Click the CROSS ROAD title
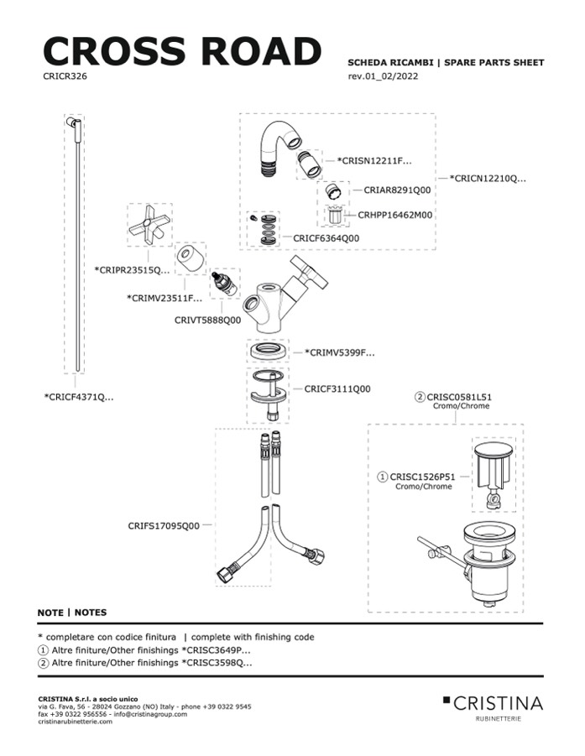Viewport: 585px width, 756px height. click(181, 51)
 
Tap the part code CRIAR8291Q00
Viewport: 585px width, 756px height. click(397, 190)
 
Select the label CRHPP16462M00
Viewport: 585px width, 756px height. click(395, 215)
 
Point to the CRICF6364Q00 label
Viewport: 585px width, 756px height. click(326, 238)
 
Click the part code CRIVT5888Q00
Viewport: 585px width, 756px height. click(207, 320)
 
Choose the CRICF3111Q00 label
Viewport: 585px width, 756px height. click(337, 389)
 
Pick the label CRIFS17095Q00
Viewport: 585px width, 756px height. click(164, 526)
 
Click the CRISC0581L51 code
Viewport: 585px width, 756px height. click(459, 396)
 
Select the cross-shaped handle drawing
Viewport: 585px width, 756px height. click(149, 225)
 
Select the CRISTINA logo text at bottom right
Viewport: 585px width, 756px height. click(499, 703)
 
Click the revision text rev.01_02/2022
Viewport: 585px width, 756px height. click(383, 76)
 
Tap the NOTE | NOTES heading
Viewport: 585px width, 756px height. click(72, 613)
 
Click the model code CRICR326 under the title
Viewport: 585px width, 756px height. click(65, 76)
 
